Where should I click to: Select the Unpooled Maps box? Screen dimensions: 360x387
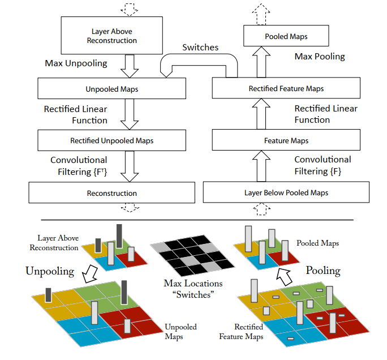click(x=111, y=89)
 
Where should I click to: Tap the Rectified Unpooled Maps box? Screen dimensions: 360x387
click(x=111, y=140)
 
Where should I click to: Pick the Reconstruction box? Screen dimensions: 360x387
click(x=111, y=193)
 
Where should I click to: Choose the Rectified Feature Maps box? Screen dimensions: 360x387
click(x=286, y=88)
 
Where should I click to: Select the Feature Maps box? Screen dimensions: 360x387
click(x=286, y=140)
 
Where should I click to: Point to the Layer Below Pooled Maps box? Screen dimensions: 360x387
click(x=286, y=192)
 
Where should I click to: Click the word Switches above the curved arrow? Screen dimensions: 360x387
click(x=200, y=48)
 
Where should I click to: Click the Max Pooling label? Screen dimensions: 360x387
click(x=320, y=57)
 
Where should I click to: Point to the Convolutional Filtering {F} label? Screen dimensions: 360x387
click(x=322, y=165)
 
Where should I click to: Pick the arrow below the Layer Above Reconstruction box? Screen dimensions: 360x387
click(x=130, y=66)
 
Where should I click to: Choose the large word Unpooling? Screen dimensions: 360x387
click(x=50, y=271)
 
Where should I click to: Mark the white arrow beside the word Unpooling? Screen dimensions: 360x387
click(x=89, y=276)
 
